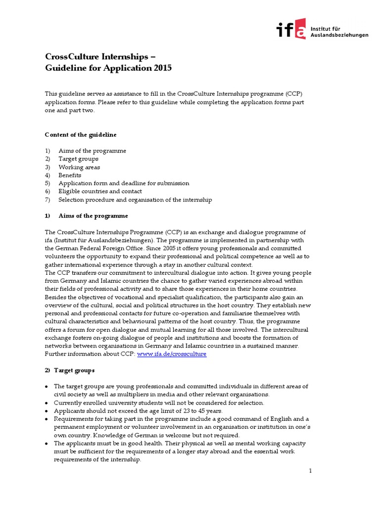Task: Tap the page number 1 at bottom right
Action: tap(310, 470)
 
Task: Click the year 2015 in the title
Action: tap(162, 68)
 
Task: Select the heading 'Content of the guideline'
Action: tap(81, 135)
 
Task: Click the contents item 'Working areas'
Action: tap(79, 167)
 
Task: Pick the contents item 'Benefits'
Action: tap(70, 175)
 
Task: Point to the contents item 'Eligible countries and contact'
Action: tap(100, 191)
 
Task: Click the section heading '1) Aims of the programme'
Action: tap(87, 216)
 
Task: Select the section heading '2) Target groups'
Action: tap(70, 370)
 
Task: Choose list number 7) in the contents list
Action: tap(47, 200)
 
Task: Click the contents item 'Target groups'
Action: tap(78, 159)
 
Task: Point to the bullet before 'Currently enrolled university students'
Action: tap(47, 403)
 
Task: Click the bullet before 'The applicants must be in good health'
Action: tap(47, 443)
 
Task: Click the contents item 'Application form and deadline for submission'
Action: tap(124, 183)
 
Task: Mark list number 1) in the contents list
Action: tap(47, 151)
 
